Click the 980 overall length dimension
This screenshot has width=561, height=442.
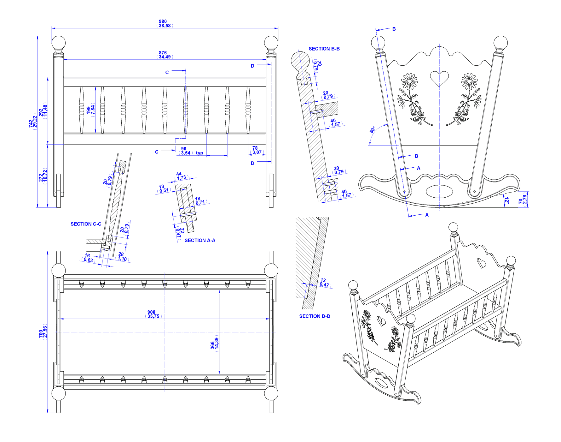(x=163, y=21)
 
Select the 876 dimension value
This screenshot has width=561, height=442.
(x=163, y=53)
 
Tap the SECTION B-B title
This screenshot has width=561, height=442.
(x=324, y=49)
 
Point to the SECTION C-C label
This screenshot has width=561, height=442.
(x=86, y=224)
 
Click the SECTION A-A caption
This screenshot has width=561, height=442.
(x=200, y=241)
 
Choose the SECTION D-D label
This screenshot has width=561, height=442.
(x=315, y=316)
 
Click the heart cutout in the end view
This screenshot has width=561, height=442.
(x=439, y=78)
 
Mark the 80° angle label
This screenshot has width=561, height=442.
(x=373, y=130)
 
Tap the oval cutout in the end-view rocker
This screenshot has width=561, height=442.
(x=439, y=191)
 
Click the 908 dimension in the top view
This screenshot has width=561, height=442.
(x=151, y=312)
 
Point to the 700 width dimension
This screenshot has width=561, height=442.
(x=41, y=333)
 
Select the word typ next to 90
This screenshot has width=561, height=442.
(x=200, y=153)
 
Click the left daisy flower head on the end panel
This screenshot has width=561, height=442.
(x=409, y=81)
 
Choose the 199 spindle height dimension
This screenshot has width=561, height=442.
(x=89, y=110)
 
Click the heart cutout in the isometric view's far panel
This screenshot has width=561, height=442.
(x=481, y=263)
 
